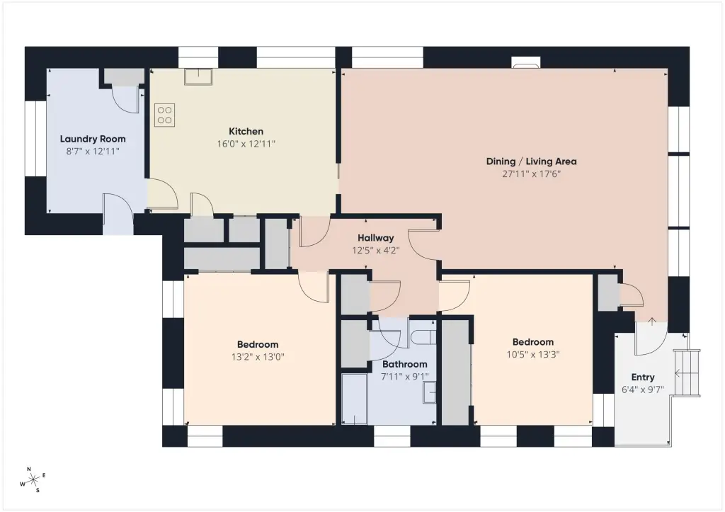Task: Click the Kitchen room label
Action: [x=246, y=131]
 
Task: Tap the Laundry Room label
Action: [x=93, y=139]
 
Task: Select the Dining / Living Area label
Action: [x=531, y=161]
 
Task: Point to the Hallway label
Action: [x=375, y=238]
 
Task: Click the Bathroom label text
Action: [x=404, y=364]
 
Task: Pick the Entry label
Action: [x=643, y=377]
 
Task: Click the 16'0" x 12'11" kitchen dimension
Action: [x=246, y=144]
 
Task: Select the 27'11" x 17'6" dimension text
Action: [x=531, y=174]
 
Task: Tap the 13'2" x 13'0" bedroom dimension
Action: [x=258, y=357]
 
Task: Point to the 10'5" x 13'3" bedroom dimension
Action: [x=533, y=354]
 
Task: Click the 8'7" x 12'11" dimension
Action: [x=93, y=152]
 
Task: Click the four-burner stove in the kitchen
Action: [x=164, y=115]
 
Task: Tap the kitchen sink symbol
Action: [x=198, y=76]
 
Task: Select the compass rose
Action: [x=34, y=480]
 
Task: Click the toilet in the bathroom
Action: [x=423, y=338]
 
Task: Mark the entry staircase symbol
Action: [x=687, y=373]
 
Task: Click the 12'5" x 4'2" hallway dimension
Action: [x=375, y=251]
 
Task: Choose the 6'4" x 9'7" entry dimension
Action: [x=643, y=389]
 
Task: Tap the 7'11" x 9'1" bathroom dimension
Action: [x=404, y=377]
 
